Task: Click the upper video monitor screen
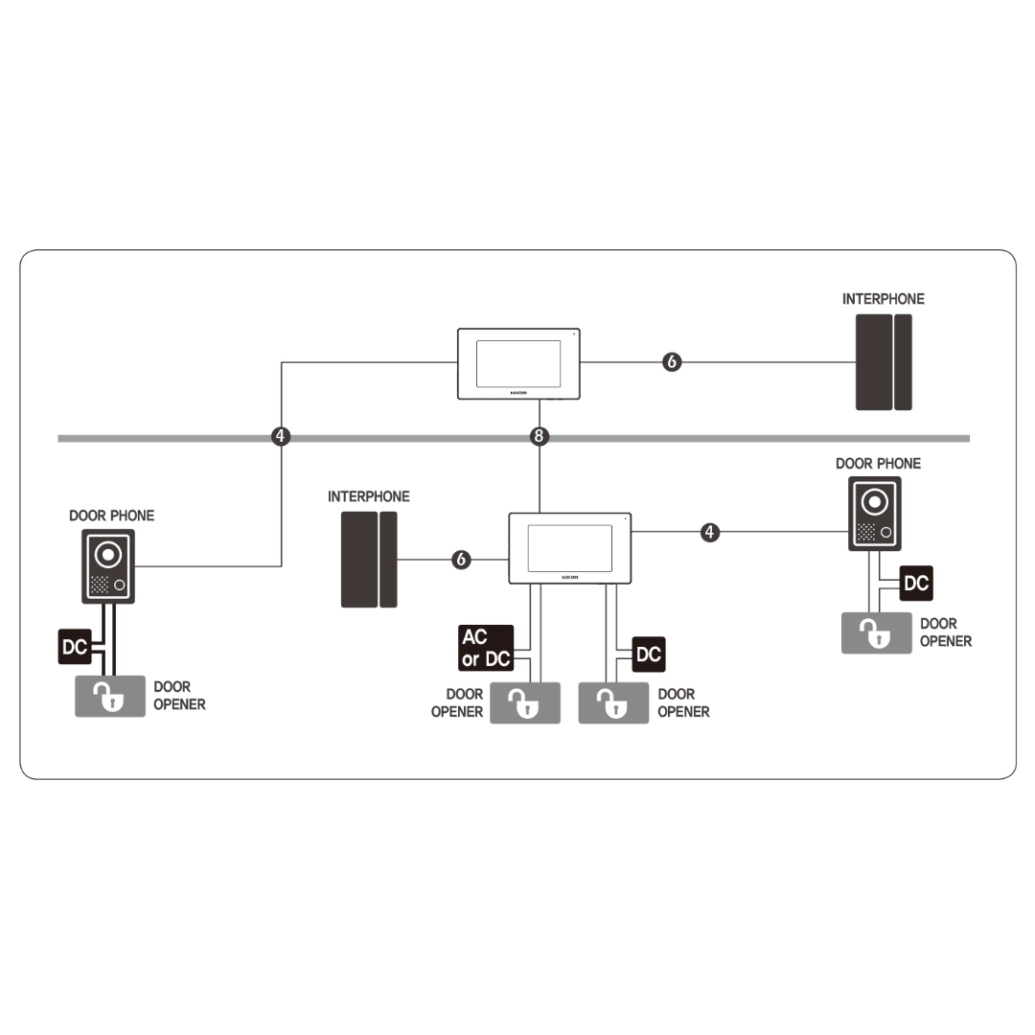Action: tap(518, 364)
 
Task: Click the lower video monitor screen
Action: tap(569, 548)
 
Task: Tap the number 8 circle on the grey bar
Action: tap(540, 436)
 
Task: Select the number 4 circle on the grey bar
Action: tap(281, 436)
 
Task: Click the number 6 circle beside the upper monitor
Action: tap(672, 361)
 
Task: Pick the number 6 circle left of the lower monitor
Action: tap(461, 560)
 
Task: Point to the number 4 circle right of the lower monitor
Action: tap(709, 532)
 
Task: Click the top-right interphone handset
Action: tap(884, 362)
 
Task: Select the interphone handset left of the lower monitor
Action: tap(369, 559)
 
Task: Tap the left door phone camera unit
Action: tap(108, 566)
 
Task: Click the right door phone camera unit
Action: tap(875, 514)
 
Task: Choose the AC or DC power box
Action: tap(486, 648)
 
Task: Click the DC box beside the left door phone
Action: tap(75, 646)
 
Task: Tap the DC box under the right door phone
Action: tap(916, 583)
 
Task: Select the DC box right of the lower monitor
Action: tap(649, 655)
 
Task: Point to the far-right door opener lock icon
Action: tap(877, 633)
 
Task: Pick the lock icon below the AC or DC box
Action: tap(525, 703)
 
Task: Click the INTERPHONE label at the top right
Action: tap(884, 299)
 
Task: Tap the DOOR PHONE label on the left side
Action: tap(111, 516)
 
